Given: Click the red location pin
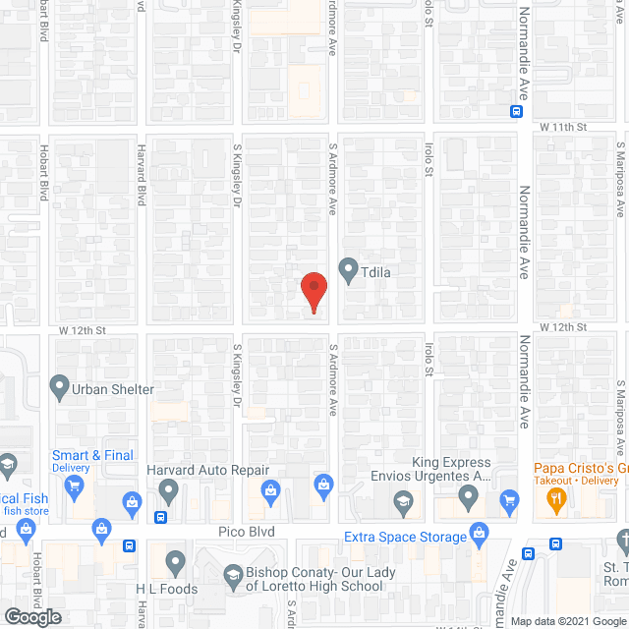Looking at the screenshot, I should [x=313, y=291].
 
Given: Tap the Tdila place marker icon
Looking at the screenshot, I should [x=348, y=268].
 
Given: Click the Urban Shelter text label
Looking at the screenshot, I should [x=114, y=389].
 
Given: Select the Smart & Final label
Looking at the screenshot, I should [x=90, y=455].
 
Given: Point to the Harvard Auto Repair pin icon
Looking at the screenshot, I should [x=169, y=489].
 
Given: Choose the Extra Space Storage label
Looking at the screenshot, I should [x=405, y=537].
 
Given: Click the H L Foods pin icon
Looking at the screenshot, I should [x=175, y=563].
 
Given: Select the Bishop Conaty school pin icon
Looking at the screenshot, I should [x=234, y=574].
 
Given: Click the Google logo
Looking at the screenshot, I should [x=31, y=617].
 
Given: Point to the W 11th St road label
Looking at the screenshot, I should [x=562, y=129].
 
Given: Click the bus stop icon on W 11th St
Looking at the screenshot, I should [x=516, y=112].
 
